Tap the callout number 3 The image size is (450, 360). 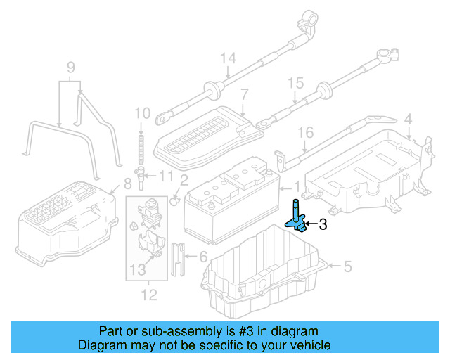click(x=323, y=225)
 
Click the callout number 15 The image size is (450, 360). click(x=296, y=84)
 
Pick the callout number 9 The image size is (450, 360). click(x=70, y=67)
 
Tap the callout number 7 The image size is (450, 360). click(x=244, y=94)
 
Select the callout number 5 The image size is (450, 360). click(x=347, y=266)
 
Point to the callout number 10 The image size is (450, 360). click(x=142, y=112)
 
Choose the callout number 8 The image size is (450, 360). click(x=127, y=184)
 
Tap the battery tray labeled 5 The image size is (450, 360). click(x=260, y=274)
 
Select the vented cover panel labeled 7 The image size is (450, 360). click(x=204, y=134)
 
